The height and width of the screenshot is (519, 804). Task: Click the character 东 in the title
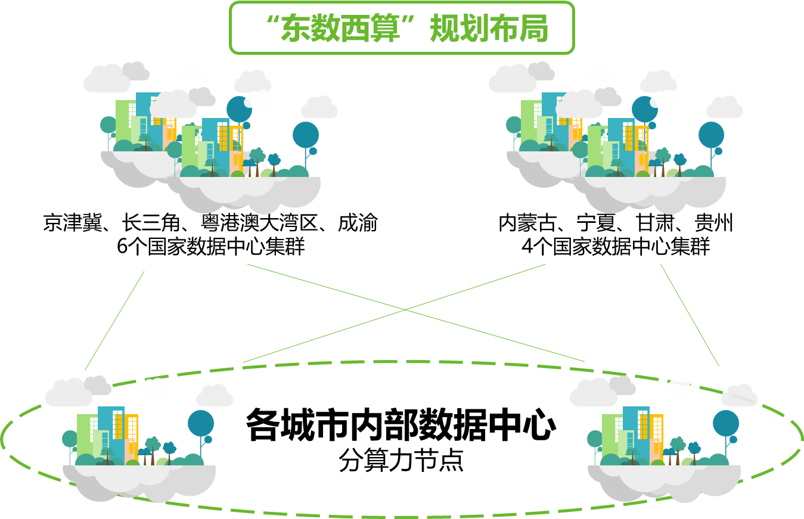296,29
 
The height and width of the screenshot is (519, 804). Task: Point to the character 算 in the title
384,29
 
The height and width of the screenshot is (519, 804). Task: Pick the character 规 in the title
445,29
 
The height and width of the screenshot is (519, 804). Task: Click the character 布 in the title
504,29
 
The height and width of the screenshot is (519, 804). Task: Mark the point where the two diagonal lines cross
405,310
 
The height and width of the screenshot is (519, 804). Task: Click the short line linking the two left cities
114,321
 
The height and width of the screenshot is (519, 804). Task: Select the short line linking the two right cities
690,315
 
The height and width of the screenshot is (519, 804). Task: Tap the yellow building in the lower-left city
132,432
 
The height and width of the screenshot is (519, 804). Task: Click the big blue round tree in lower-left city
201,423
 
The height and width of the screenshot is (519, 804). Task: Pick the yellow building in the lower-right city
657,432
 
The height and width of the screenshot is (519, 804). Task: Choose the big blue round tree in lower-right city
726,423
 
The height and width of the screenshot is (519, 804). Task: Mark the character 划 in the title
474,29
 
